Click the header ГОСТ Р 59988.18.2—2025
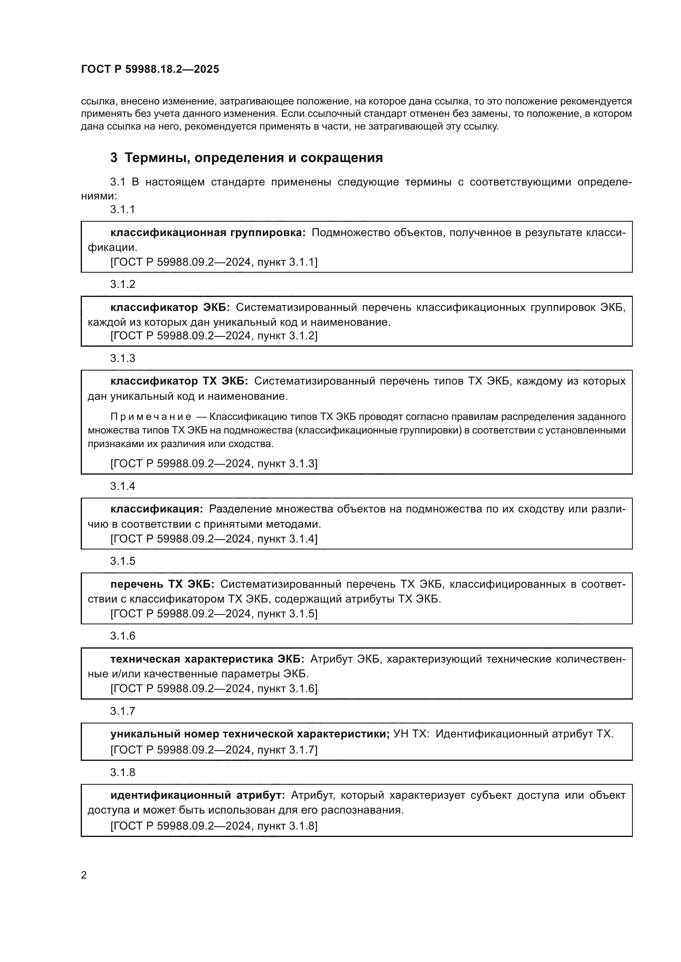pos(150,69)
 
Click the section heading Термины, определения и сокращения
pos(254,158)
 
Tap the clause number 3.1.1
pos(122,209)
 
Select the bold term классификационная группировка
pos(208,232)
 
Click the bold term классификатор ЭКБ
pos(170,308)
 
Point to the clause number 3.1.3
pos(122,358)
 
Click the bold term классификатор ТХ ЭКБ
pos(179,381)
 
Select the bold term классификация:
pos(157,509)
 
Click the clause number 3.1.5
pos(122,561)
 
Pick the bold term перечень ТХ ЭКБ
pos(162,584)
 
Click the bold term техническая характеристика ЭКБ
pos(207,659)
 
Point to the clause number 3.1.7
pos(122,711)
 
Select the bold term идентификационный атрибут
pos(198,795)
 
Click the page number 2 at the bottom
pos(84,875)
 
